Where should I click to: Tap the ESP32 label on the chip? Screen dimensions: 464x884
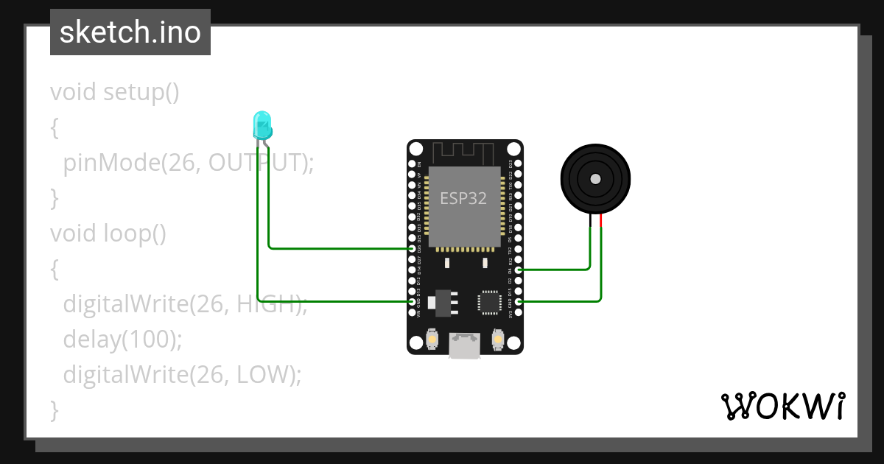tap(463, 198)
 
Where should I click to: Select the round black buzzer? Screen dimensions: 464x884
tap(595, 179)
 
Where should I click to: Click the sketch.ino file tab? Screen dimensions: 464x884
tap(130, 32)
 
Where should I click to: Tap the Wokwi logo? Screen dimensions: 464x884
tap(782, 405)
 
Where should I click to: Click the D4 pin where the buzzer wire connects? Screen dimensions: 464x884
tap(519, 270)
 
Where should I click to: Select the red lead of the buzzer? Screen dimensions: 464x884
tap(600, 220)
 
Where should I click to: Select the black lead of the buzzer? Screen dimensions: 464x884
tap(591, 220)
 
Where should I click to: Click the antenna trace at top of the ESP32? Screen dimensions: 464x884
tap(464, 153)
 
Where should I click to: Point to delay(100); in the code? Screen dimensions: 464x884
tap(122, 340)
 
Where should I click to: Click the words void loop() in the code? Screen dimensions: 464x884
tap(108, 233)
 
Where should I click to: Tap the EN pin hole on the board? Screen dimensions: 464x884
tap(412, 164)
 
